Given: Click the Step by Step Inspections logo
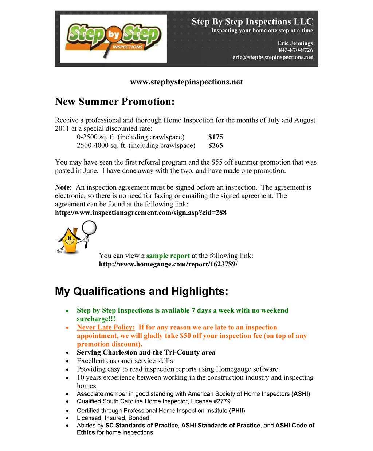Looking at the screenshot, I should point(113,38).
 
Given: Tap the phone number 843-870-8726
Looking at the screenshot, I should point(295,50).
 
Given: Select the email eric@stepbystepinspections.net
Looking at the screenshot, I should point(272,57).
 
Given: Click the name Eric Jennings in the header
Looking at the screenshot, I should point(295,43).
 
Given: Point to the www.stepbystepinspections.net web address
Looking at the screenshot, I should point(186,82).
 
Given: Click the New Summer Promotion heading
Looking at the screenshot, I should point(115,102).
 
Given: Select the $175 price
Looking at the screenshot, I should point(216,137).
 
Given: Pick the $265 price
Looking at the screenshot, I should point(216,145).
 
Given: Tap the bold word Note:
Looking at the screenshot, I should point(63,187).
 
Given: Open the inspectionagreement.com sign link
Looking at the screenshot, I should point(141,213).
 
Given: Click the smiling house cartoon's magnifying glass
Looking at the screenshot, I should point(89,228).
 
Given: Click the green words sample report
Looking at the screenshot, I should point(168,256).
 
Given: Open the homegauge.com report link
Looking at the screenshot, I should point(168,264).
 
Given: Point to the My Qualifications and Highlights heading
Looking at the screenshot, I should point(141,292).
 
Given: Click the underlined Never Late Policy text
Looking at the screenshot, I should point(106,327).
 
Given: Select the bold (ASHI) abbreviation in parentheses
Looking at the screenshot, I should point(301,394).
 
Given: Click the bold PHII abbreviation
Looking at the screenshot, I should point(237,411).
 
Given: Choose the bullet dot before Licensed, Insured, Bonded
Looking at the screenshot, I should point(68,418).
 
